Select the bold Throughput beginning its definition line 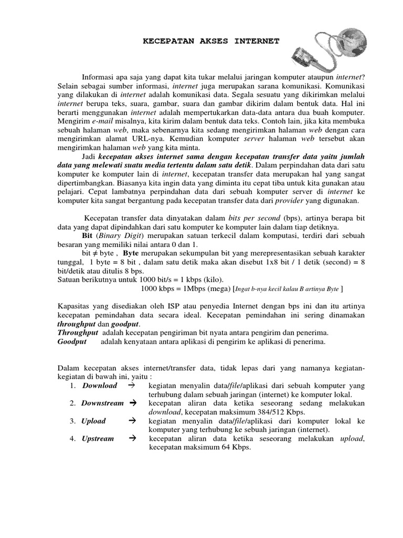(x=78, y=333)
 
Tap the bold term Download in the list (x=100, y=386)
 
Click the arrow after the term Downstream (x=132, y=403)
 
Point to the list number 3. (x=72, y=421)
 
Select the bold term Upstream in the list (x=98, y=439)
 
